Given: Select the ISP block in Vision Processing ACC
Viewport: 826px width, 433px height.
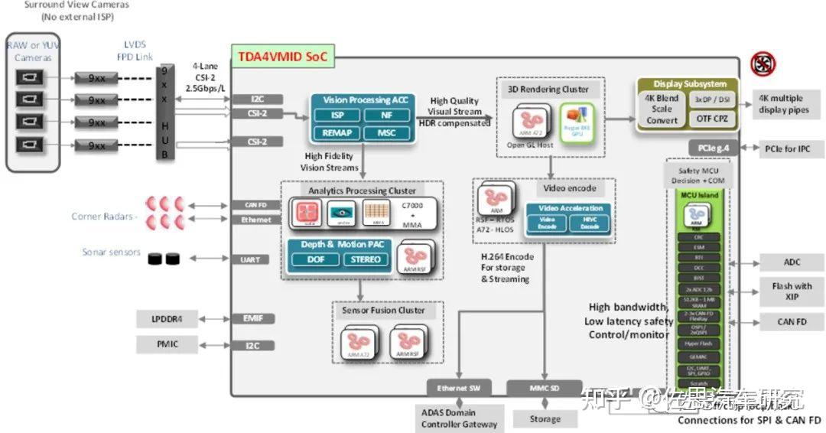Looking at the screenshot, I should (337, 116).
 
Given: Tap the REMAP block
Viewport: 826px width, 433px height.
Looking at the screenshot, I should (337, 132).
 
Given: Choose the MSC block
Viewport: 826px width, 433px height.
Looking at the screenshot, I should (386, 132).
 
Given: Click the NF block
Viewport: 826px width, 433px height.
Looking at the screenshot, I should (386, 116).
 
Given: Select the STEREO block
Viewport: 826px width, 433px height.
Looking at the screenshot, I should (366, 259).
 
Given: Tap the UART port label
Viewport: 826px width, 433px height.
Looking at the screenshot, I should (249, 260).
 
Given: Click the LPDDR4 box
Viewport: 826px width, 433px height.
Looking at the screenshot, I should (167, 318).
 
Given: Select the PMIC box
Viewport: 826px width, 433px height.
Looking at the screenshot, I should (167, 345).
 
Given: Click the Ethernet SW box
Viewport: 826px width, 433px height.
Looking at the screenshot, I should (458, 388).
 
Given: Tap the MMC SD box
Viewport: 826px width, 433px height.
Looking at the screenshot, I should (545, 388).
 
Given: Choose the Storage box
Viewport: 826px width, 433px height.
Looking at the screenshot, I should (545, 418).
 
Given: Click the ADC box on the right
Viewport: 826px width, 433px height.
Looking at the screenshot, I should (792, 262).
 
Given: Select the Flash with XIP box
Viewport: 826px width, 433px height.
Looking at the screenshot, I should (792, 291).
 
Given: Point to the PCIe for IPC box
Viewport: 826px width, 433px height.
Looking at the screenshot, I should (792, 147).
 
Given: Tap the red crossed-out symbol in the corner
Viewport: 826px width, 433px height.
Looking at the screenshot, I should (763, 64).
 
